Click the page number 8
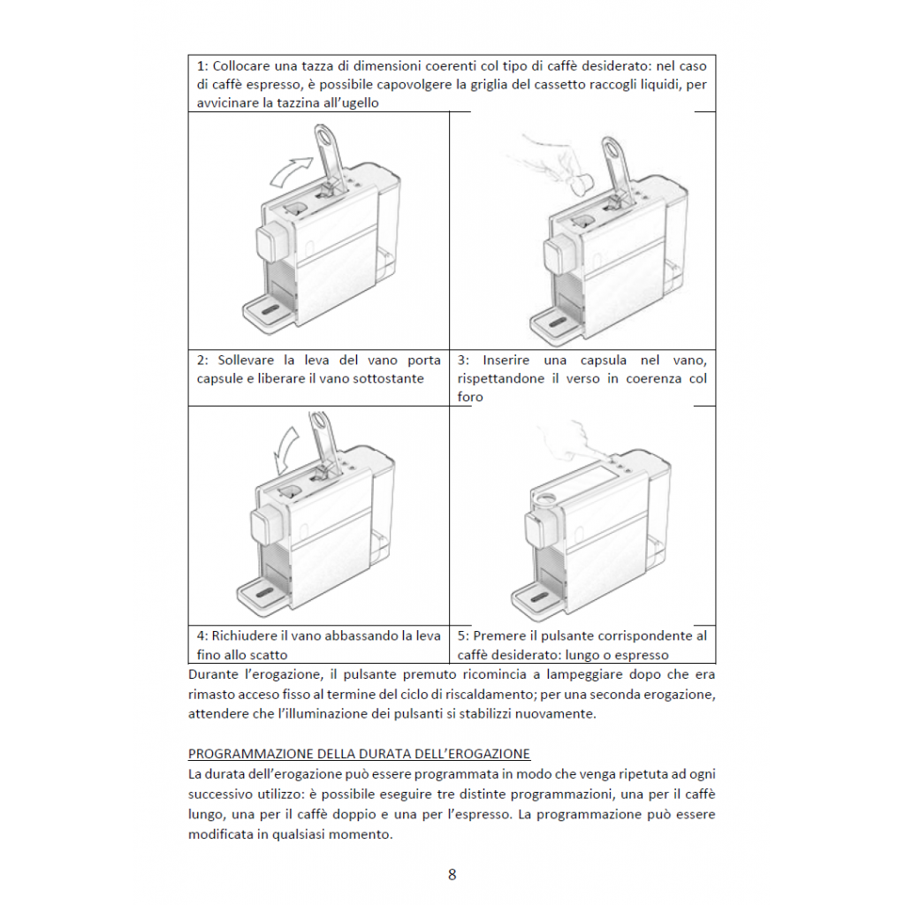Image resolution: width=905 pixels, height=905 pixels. [x=452, y=875]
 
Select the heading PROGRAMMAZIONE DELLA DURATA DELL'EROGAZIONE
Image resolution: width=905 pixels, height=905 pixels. [x=359, y=754]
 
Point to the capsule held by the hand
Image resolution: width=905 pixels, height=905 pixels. [x=581, y=185]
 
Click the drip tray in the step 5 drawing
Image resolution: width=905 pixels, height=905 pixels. [x=539, y=600]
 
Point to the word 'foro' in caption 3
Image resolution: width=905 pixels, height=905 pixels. [x=470, y=397]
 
